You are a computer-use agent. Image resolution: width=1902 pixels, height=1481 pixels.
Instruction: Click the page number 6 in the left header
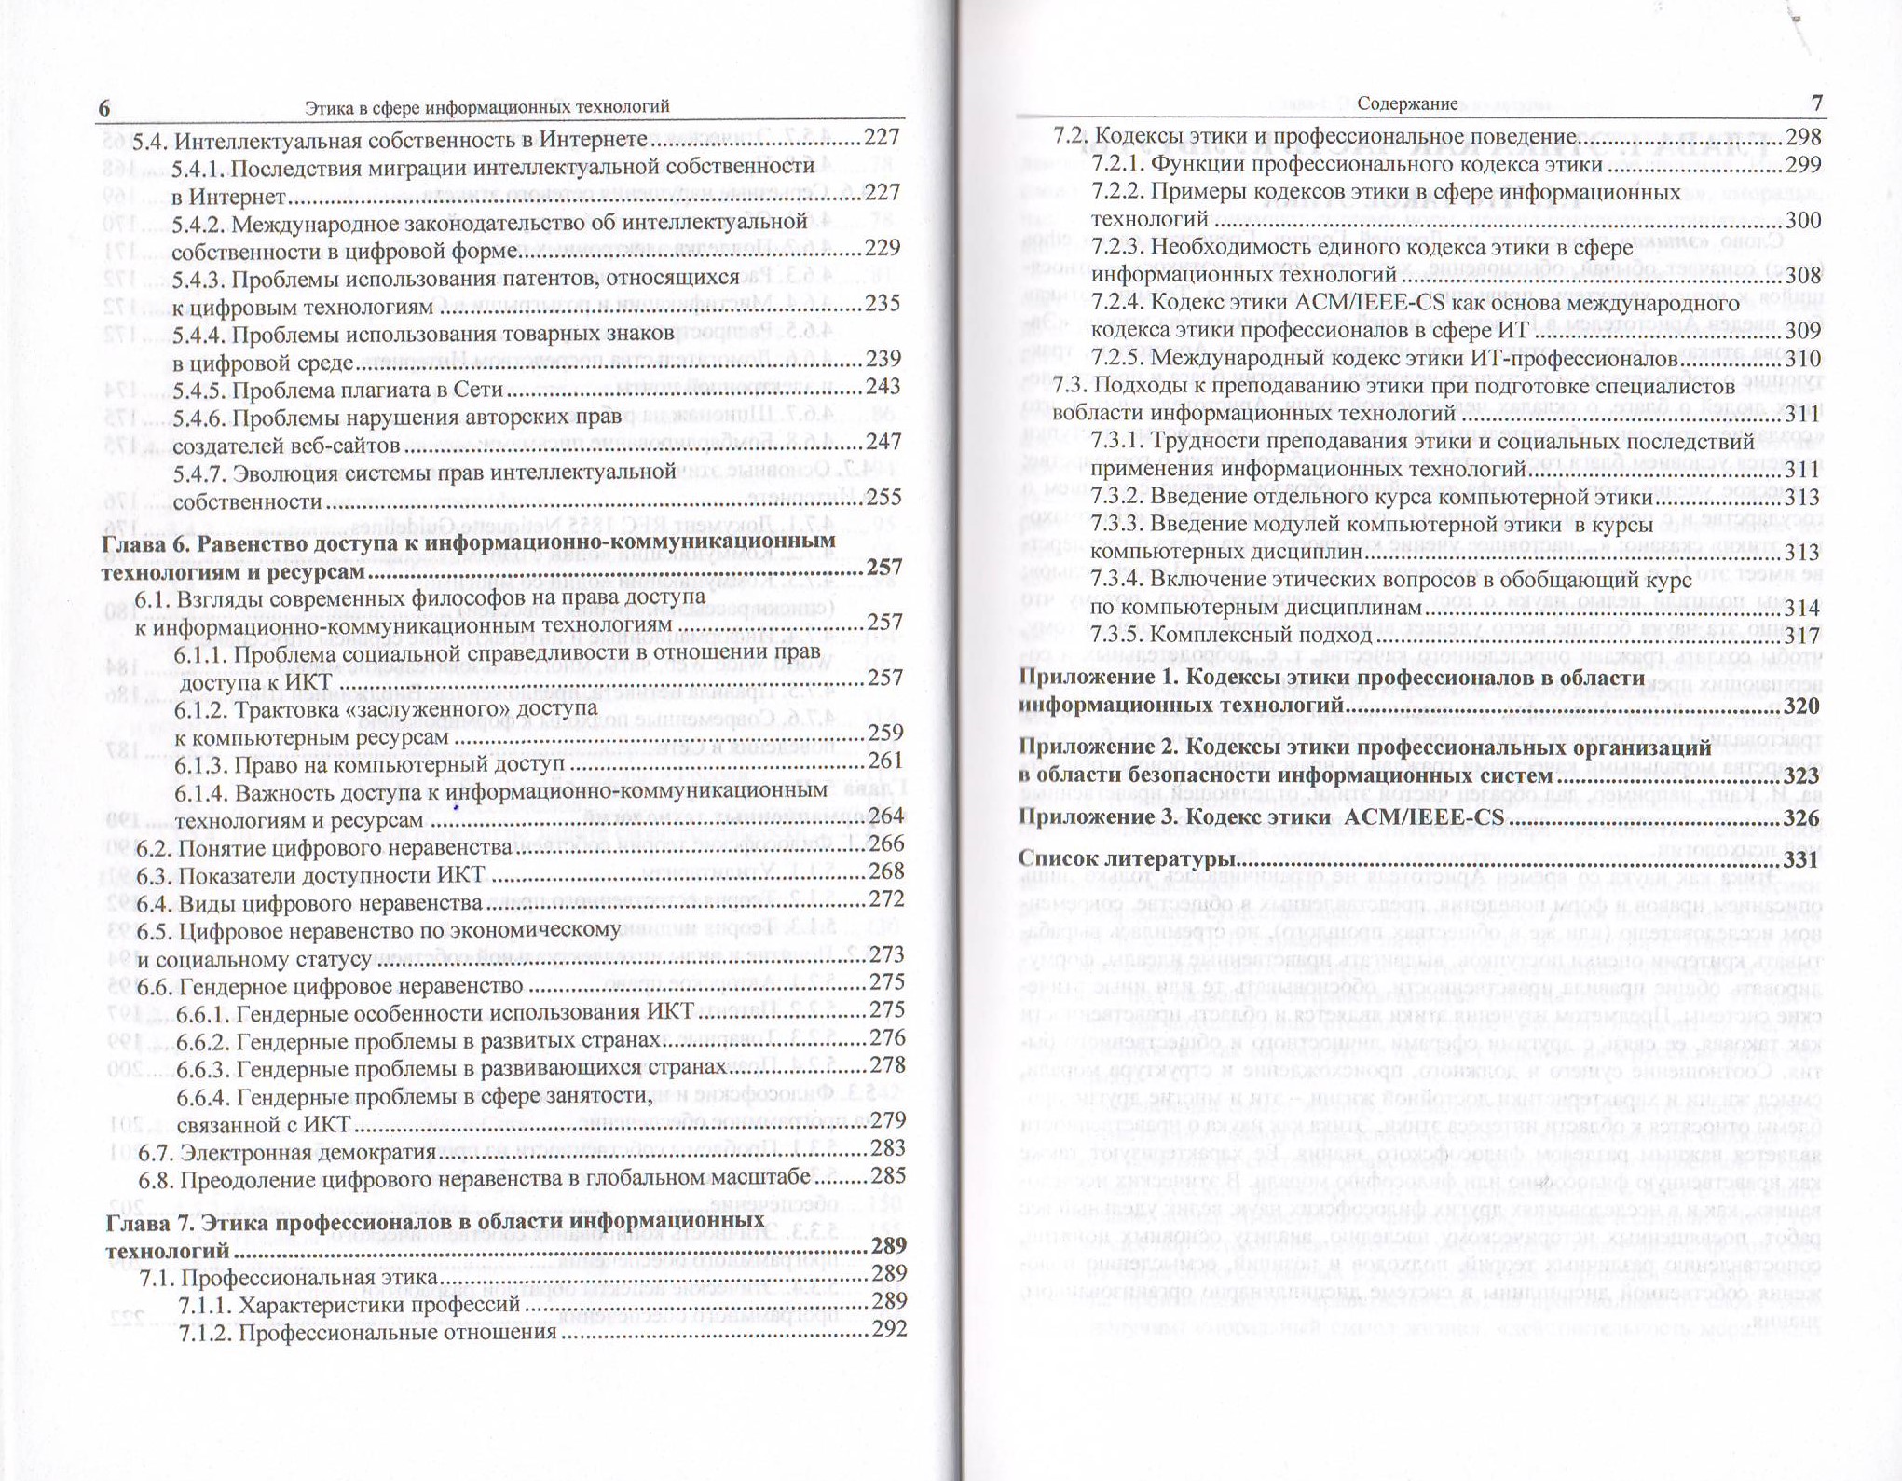[x=104, y=108]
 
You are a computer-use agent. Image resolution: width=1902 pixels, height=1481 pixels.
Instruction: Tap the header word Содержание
[x=1407, y=103]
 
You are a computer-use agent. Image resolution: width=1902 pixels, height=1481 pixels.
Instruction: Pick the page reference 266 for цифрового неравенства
[x=886, y=844]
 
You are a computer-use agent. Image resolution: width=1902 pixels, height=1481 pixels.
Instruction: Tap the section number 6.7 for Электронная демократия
[x=156, y=1152]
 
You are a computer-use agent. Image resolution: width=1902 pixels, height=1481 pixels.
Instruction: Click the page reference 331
[x=1800, y=859]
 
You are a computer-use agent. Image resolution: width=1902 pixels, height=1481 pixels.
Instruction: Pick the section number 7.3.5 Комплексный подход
[x=1117, y=635]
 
